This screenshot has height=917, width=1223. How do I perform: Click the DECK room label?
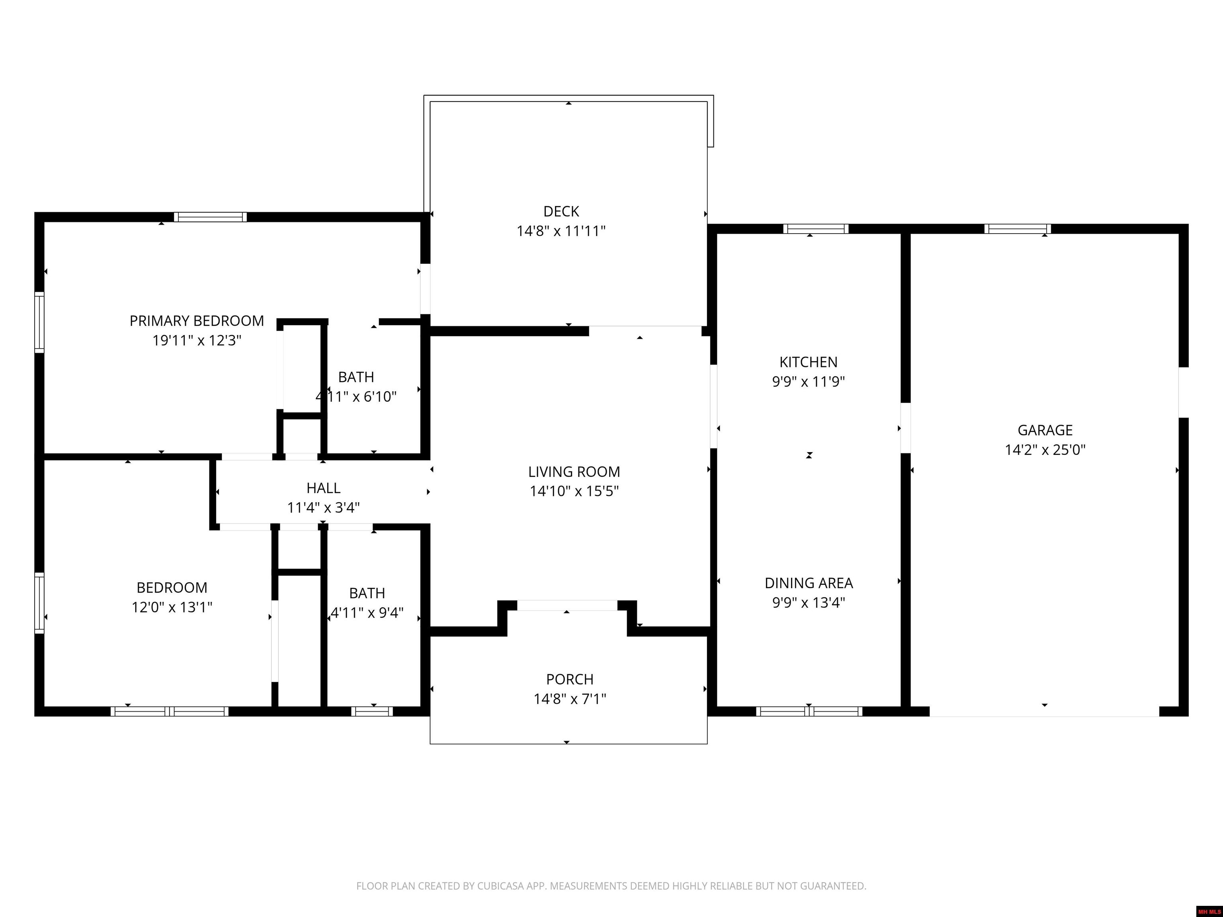coord(561,211)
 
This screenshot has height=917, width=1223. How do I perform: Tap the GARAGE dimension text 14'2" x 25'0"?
coord(1045,449)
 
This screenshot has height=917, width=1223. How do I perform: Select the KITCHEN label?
coord(808,362)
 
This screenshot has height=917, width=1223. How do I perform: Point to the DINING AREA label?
coord(808,583)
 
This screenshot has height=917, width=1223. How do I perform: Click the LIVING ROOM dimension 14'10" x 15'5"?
coord(574,491)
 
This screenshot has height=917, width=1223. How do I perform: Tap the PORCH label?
coord(569,679)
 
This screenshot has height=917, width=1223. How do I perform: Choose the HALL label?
coord(323,488)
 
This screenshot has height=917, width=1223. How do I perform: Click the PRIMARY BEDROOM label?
coord(197,320)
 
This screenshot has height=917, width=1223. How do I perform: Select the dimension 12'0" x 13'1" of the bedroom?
coord(172,607)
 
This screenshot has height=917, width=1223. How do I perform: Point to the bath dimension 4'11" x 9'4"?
coord(367,613)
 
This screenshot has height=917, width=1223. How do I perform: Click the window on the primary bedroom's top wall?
coord(210,217)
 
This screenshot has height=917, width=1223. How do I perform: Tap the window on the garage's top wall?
coord(1017,229)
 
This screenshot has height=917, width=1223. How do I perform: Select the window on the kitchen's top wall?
coord(815,229)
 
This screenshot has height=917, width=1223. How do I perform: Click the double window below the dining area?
coord(809,711)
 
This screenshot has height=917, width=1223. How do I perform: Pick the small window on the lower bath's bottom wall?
coord(371,711)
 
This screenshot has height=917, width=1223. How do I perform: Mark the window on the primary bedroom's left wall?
coord(39,322)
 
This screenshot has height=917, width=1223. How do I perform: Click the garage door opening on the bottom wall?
coord(1044,711)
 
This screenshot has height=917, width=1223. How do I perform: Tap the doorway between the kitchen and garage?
coord(906,428)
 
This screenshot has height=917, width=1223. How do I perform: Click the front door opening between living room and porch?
coord(567,605)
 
